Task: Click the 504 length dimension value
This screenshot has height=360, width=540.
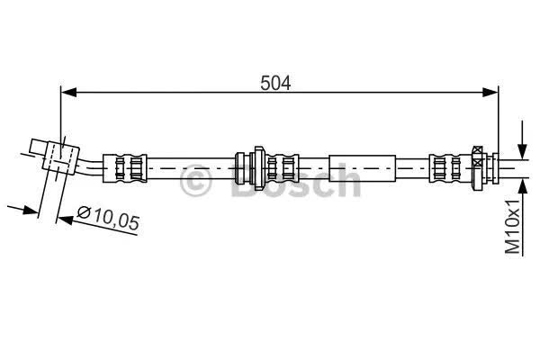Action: pos(275,83)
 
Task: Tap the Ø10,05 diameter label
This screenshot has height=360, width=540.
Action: pos(108,218)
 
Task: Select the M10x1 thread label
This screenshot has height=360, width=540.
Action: pos(512,226)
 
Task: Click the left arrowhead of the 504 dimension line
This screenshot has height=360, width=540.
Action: pos(68,93)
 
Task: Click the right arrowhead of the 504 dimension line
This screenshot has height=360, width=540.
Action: pos(490,93)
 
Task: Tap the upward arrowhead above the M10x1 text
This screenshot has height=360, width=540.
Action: pos(522,188)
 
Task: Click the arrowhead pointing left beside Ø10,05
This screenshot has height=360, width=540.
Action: pos(66,220)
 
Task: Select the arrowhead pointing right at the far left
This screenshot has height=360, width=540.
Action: pos(30,210)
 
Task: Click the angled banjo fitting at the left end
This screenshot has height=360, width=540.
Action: pos(55,156)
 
